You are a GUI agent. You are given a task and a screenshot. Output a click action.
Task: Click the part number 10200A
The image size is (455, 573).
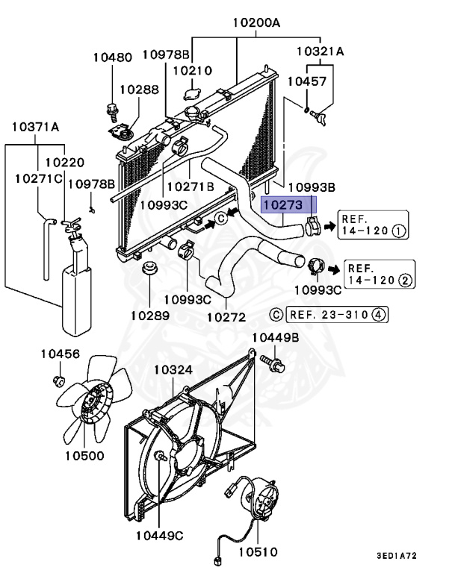[256, 23]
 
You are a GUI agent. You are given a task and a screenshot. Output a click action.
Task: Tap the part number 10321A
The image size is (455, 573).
[320, 51]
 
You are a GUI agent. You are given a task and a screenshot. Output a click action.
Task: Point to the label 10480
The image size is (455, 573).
[112, 57]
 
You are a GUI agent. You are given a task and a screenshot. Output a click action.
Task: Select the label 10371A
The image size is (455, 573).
[35, 127]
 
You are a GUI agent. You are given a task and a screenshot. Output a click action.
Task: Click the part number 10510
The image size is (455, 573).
[258, 552]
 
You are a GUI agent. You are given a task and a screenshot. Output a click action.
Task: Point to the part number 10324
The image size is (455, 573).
[173, 370]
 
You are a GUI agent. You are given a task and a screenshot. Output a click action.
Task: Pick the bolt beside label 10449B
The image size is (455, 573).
[273, 365]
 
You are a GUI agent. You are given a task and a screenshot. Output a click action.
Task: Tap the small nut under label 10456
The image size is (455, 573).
[58, 383]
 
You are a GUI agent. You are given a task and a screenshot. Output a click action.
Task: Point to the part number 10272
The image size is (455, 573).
[226, 316]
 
